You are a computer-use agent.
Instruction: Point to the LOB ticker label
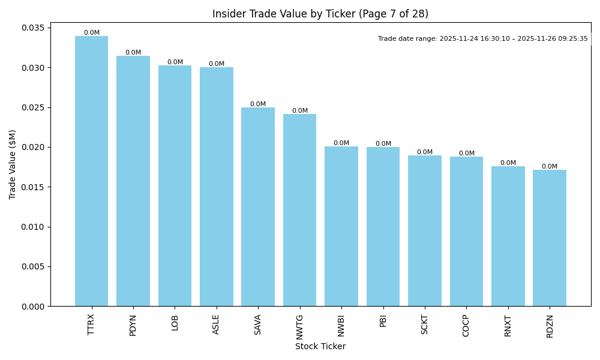coord(175,322)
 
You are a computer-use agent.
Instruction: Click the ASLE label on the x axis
coord(217,324)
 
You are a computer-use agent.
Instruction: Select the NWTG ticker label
coord(300,326)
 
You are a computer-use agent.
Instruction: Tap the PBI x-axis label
coord(383,320)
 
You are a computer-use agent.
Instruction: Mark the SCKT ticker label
coord(425,325)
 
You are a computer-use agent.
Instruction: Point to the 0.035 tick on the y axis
coord(34,28)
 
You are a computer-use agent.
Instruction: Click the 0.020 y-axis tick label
coord(34,148)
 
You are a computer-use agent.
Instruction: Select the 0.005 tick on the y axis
coord(34,267)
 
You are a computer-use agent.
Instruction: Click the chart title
coord(320,14)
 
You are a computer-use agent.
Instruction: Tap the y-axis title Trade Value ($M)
coord(13,164)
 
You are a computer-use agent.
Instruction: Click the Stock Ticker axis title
coord(320,346)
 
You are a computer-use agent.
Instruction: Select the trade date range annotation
coord(483,39)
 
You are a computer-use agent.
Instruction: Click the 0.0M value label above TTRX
coord(92,33)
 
